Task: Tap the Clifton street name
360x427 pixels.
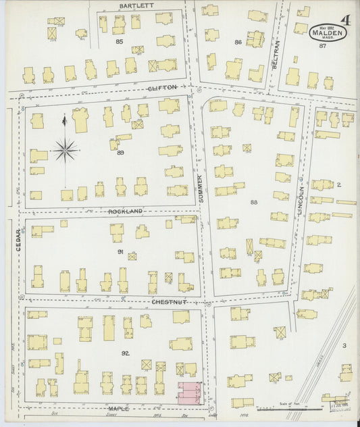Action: (162, 88)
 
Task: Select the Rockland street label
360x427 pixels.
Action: (126, 211)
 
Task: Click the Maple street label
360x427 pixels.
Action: (119, 408)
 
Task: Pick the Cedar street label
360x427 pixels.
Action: (19, 240)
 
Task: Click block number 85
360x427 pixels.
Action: (120, 42)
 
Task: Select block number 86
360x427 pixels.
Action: (238, 43)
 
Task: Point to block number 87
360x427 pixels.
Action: (322, 46)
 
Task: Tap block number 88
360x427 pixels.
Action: (254, 202)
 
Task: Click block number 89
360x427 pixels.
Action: (120, 153)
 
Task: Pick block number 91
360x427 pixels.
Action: (120, 252)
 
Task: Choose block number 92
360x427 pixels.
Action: (126, 353)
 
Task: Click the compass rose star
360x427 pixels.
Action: (65, 150)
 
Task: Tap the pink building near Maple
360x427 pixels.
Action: (189, 393)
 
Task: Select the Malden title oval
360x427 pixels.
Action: (328, 32)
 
